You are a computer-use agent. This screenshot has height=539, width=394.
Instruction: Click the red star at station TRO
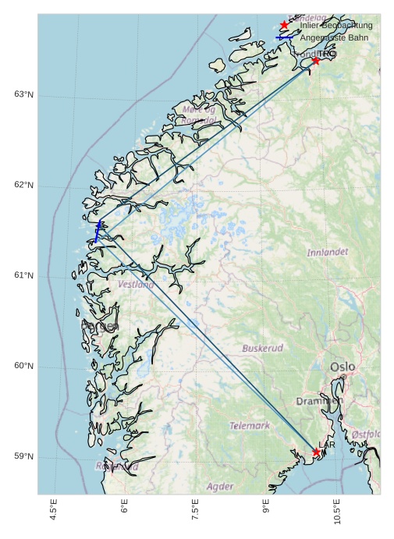[315, 60]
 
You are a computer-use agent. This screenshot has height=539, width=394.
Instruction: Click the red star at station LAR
[316, 452]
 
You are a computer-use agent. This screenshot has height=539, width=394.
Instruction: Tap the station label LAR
[327, 445]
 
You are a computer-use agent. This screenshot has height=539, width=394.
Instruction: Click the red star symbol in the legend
[284, 25]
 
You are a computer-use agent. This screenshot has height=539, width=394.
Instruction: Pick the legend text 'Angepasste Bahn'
[335, 37]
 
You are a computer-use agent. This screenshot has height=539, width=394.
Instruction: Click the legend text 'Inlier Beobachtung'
[336, 25]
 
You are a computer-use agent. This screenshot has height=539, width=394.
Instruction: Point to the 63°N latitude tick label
[23, 94]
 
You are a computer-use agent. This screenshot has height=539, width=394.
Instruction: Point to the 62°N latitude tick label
[23, 185]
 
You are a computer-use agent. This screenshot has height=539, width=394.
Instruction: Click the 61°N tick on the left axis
[23, 275]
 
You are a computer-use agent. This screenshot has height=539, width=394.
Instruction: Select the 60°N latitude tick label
[23, 366]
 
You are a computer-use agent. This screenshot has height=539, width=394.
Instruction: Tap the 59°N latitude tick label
[23, 456]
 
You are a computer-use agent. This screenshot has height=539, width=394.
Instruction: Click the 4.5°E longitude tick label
[53, 511]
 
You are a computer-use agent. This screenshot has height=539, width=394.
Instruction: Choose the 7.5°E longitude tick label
[195, 511]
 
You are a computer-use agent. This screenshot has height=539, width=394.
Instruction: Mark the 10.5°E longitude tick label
[337, 511]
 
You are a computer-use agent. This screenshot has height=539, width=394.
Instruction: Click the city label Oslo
[342, 367]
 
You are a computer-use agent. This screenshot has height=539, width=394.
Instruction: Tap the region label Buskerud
[262, 348]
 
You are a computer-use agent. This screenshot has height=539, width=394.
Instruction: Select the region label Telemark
[250, 426]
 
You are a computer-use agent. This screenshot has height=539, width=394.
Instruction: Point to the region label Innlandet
[327, 253]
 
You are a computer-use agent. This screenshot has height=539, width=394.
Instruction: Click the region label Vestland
[136, 285]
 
